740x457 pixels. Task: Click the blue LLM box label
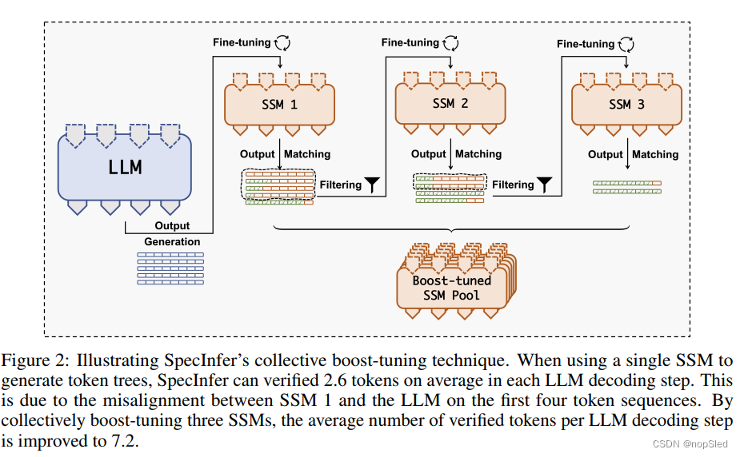click(125, 167)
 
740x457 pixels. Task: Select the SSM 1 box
click(278, 104)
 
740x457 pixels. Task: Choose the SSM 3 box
click(626, 104)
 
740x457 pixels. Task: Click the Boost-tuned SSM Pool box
click(452, 288)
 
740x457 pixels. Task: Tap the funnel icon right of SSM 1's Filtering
click(373, 185)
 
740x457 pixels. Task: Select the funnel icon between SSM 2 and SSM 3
click(544, 185)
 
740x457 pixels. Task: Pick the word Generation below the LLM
click(172, 241)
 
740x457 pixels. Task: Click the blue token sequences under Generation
click(170, 268)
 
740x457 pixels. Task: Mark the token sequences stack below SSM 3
click(627, 187)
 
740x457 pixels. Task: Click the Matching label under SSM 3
click(654, 154)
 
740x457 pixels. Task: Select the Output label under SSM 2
click(429, 154)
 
